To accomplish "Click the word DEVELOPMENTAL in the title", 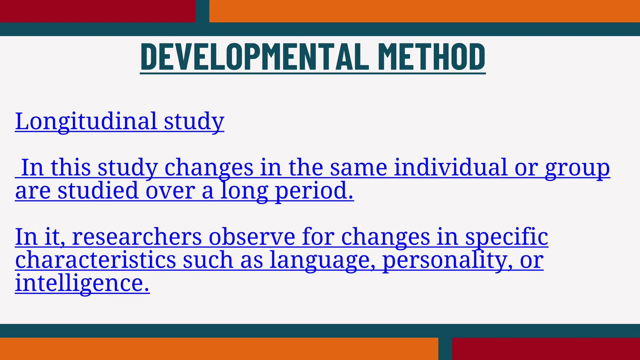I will click(255, 57).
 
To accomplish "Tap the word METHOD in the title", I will click(432, 57).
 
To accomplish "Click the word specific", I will click(507, 237).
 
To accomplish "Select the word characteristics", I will click(96, 260).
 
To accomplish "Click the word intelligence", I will click(82, 283).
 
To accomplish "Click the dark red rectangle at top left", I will click(97, 11).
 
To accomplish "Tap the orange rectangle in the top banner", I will click(424, 11).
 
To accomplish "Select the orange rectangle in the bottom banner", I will click(219, 349).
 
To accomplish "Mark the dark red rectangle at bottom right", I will click(546, 349).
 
